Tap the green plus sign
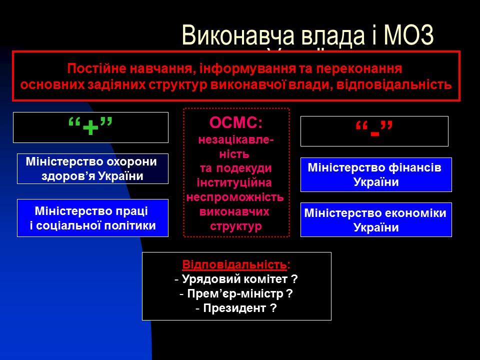(x=90, y=127)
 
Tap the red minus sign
(x=374, y=131)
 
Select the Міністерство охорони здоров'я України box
(x=93, y=169)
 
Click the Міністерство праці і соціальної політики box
(x=92, y=218)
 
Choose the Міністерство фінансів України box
(x=376, y=174)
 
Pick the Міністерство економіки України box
(x=376, y=220)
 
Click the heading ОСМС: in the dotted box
(x=236, y=122)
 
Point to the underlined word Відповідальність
(x=235, y=264)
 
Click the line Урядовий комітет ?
(x=236, y=279)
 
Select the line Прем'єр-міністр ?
(x=236, y=293)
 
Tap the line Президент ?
(x=236, y=308)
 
